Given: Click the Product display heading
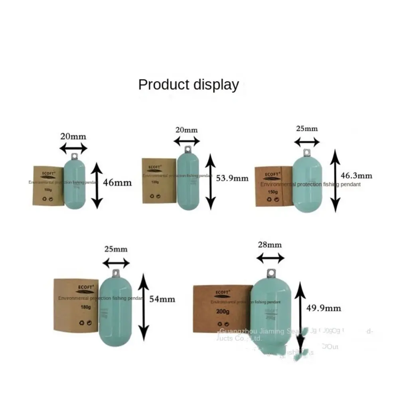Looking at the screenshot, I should click(x=188, y=85).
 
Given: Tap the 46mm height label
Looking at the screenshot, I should click(x=117, y=183).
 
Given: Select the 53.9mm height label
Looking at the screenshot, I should click(x=232, y=178).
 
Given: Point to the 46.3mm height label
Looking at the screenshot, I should click(x=357, y=175).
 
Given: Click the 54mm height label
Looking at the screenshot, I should click(x=162, y=299).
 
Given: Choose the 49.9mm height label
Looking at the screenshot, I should click(x=324, y=308).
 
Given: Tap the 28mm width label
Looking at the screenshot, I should click(x=270, y=245).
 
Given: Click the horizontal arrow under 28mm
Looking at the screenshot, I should click(x=271, y=258).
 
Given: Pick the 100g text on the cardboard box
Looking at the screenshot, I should click(x=48, y=190).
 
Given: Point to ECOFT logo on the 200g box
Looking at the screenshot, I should click(x=222, y=292).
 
